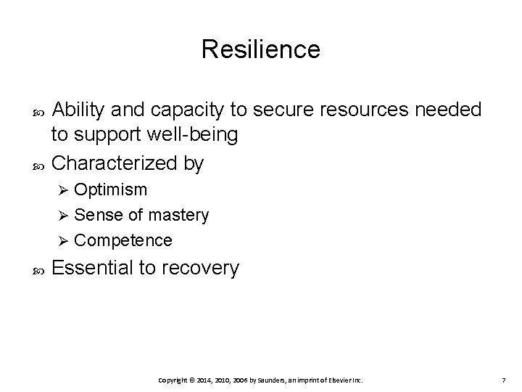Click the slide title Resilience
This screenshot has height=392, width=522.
(260, 49)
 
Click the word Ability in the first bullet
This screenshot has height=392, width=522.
(78, 110)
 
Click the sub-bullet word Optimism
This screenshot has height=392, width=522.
(110, 190)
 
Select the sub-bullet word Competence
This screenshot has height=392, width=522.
(123, 240)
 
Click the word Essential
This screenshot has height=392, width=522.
(93, 268)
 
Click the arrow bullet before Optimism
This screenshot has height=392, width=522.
(62, 190)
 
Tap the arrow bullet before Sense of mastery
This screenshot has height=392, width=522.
(62, 215)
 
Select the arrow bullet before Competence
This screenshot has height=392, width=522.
(62, 240)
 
